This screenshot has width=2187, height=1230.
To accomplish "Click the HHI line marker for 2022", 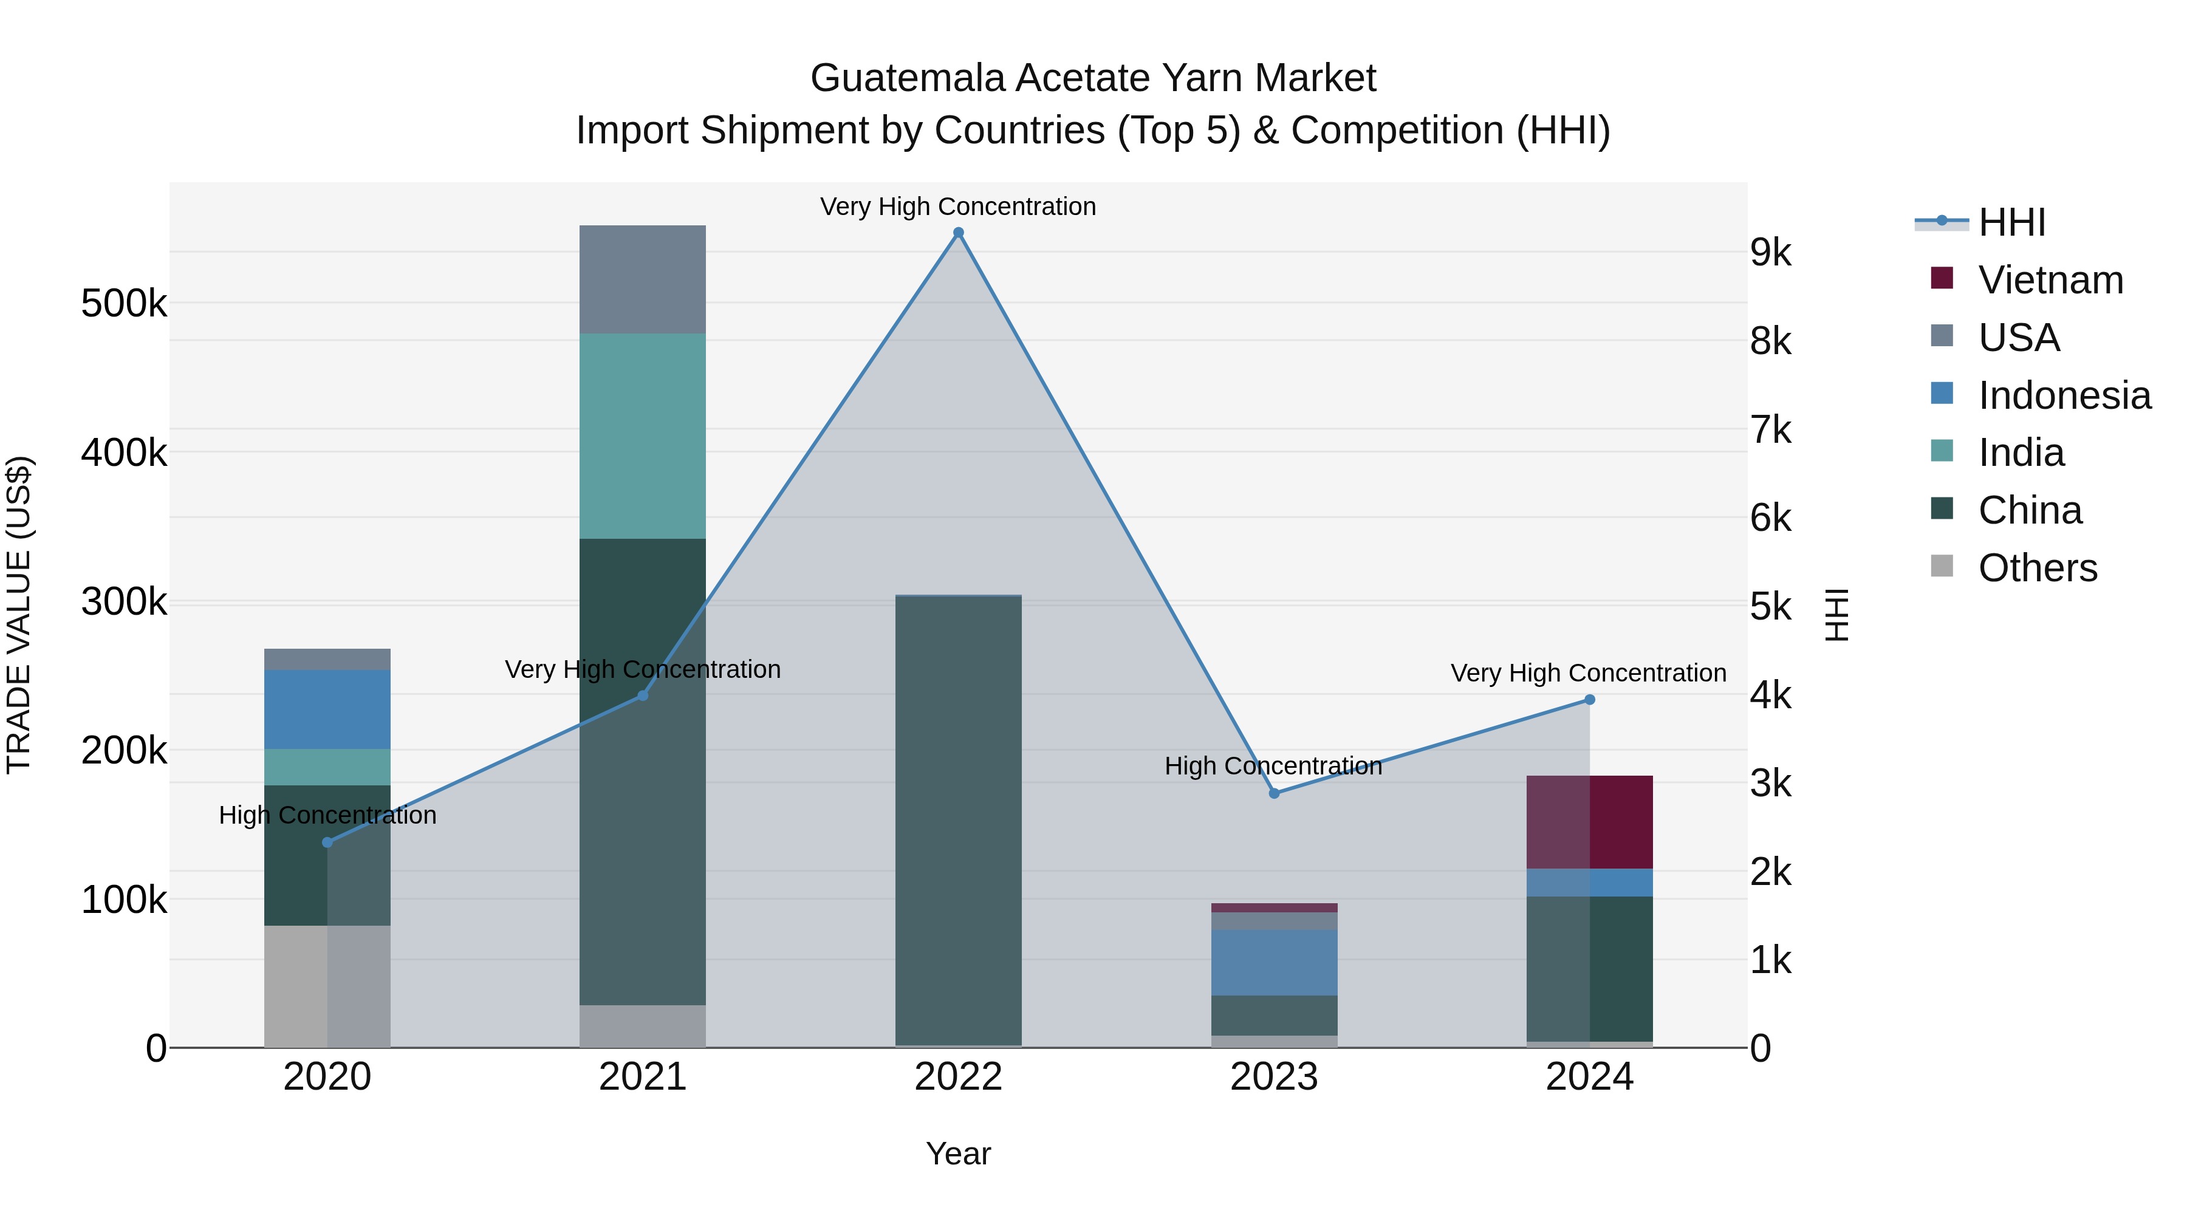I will coord(959,233).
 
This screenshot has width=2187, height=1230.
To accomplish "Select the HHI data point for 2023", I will coord(1273,793).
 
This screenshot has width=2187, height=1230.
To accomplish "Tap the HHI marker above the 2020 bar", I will coord(327,842).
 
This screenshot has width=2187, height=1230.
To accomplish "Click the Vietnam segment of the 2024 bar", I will coord(1589,822).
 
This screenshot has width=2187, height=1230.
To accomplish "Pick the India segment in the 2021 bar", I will coord(643,436).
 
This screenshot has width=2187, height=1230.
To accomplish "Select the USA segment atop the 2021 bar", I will coord(643,279).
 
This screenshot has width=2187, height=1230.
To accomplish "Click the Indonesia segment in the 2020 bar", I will coord(327,709).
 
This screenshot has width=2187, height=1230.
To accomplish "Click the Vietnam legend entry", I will coord(2050,280).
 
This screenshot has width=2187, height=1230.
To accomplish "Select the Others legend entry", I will coord(2037,568).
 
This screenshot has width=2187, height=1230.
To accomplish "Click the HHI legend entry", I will coord(2010,222).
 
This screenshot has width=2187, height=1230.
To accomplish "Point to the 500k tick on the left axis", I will coord(124,303).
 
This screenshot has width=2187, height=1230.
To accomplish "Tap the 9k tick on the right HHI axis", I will coord(1771,253).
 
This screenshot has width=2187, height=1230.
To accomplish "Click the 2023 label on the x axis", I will coord(1273,1077).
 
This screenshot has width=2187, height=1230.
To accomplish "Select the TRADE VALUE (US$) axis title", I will coord(19,615).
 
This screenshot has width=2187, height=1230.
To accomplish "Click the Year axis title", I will coord(959,1153).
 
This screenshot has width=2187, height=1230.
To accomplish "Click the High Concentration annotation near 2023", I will coord(1273,766).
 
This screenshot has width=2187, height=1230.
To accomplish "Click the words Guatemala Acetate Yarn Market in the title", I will coord(1093,78).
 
